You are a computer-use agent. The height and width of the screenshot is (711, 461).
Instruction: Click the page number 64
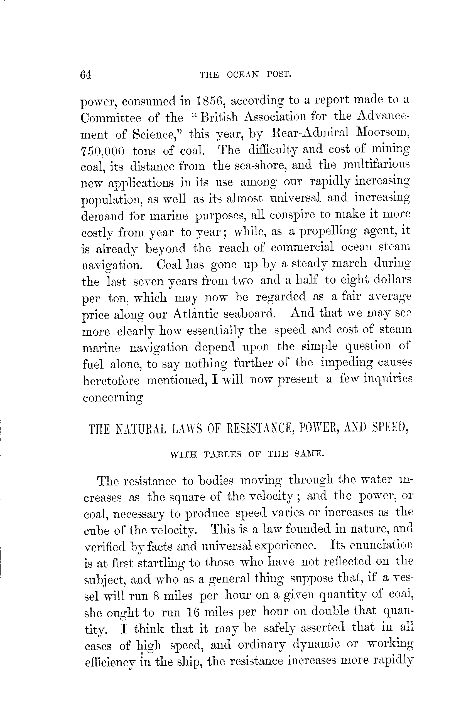click(86, 75)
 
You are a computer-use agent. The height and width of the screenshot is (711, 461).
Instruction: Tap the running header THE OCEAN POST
click(245, 74)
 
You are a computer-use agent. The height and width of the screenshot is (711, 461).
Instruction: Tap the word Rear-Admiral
click(310, 132)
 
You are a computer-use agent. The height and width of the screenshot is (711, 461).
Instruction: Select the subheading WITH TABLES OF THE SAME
click(247, 454)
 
